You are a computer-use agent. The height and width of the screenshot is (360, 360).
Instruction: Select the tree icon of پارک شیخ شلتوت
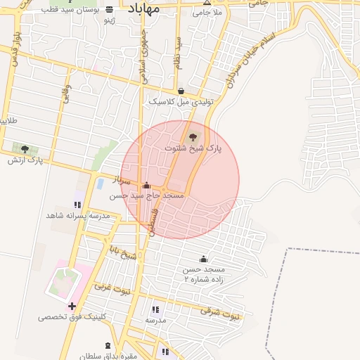click(193, 136)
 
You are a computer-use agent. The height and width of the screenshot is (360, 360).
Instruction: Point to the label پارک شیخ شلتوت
click(193, 148)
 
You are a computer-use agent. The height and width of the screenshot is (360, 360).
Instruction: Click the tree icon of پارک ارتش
click(25, 148)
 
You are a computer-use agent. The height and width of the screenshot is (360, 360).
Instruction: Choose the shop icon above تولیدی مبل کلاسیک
click(181, 91)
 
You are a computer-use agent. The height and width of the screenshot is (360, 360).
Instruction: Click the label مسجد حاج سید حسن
click(155, 195)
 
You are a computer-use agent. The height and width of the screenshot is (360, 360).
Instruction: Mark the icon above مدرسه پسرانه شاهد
click(76, 204)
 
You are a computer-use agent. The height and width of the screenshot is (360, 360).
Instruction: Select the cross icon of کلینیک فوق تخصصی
click(72, 306)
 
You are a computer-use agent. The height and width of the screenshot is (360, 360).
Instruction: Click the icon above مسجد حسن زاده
click(204, 258)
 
